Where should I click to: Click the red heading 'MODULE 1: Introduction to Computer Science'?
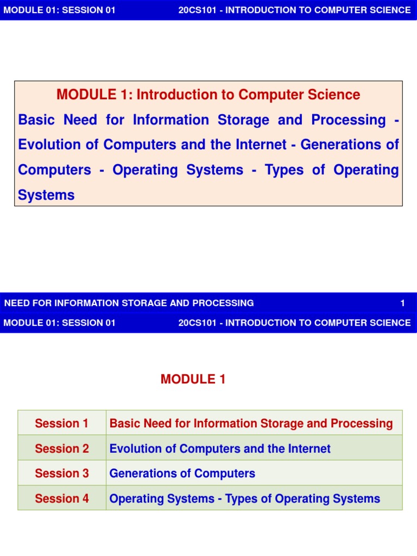(208, 95)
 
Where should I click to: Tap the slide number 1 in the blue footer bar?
(402, 303)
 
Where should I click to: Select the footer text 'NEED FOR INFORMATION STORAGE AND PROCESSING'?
(129, 303)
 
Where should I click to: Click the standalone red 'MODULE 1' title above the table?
(193, 380)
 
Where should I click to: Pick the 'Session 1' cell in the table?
(62, 424)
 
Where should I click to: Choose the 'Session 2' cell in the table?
(62, 448)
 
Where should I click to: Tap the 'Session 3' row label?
(62, 473)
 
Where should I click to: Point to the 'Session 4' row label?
(62, 498)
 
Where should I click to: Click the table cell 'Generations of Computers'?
(182, 473)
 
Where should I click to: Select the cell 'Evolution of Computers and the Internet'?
(220, 448)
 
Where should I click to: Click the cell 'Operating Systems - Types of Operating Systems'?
(244, 498)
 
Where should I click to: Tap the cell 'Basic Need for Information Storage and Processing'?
(251, 424)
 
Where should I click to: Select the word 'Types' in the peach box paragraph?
(283, 170)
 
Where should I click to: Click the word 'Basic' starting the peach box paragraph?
(37, 120)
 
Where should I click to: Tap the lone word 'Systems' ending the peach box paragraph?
(46, 195)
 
